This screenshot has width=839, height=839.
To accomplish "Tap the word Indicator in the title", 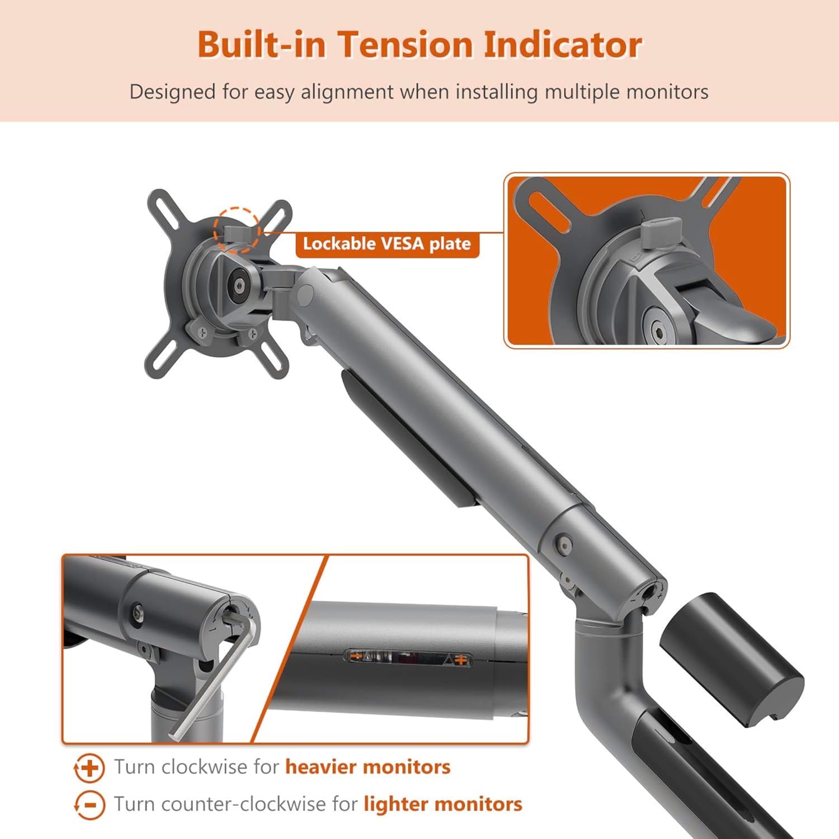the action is (562, 44).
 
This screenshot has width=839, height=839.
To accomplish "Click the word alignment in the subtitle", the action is (347, 92).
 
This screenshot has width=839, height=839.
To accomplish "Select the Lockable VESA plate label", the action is (387, 244).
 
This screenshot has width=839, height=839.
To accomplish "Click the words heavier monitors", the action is (368, 766).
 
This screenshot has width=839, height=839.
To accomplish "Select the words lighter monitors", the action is (443, 804).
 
